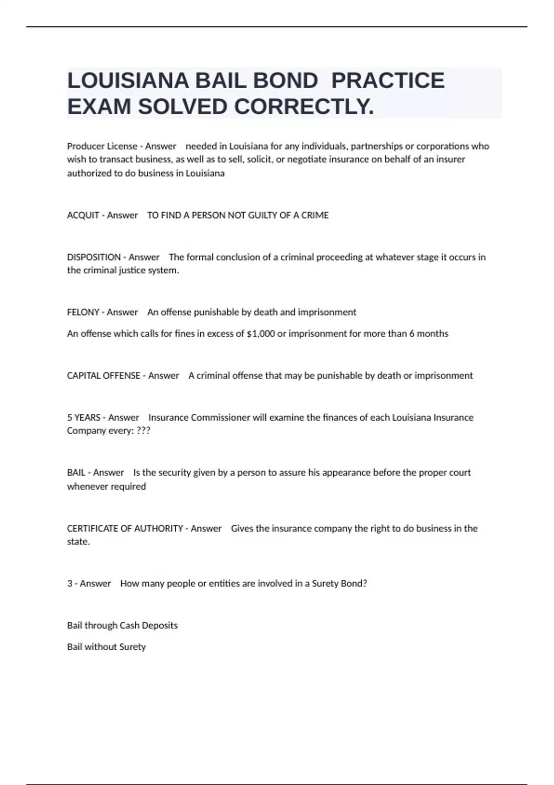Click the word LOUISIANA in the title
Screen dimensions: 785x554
point(128,80)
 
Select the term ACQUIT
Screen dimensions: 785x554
point(83,215)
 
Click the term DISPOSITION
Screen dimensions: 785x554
point(94,257)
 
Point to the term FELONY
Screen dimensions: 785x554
point(83,312)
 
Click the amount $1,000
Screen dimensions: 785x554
point(261,333)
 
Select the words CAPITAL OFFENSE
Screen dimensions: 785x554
point(103,375)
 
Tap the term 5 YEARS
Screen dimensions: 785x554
point(84,417)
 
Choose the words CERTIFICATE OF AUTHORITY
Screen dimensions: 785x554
point(125,528)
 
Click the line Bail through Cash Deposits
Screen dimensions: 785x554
point(122,625)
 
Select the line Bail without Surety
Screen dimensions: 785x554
point(106,647)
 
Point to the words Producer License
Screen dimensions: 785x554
point(102,146)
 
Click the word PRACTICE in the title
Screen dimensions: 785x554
point(388,80)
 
